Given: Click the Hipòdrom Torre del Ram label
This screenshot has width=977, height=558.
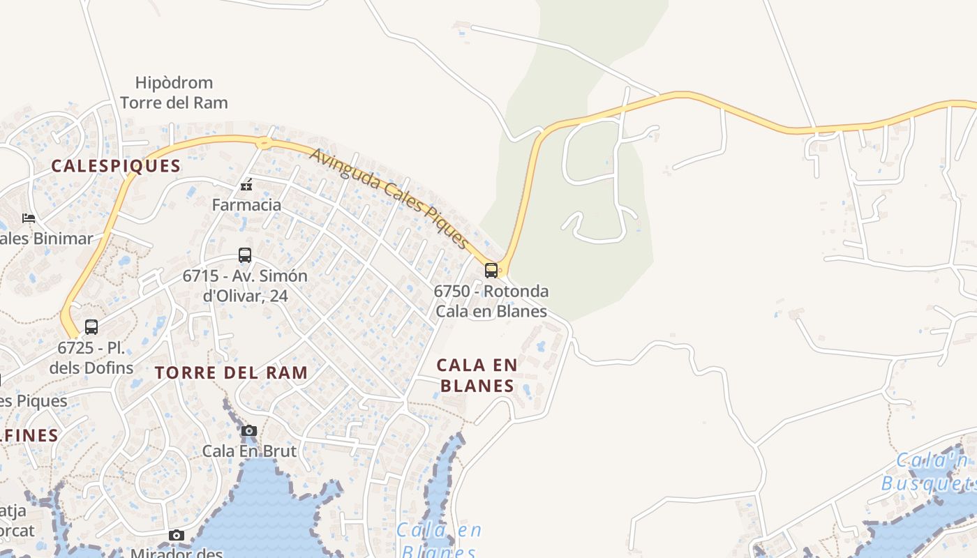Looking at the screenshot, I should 174,93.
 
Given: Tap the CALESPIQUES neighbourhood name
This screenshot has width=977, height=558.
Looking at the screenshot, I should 116,166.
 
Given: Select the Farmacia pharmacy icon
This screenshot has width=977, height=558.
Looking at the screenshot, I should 246,185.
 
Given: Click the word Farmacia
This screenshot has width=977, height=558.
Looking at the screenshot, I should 246,205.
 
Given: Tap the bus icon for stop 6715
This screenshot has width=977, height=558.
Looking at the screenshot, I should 244,255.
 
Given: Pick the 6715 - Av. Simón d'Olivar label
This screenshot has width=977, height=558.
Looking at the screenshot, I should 244,285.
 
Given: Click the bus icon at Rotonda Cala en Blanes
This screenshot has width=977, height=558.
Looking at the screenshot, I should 491,271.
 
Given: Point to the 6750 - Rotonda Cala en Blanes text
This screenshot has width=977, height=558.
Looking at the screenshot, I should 491,301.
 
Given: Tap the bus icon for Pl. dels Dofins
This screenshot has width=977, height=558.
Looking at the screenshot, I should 91,326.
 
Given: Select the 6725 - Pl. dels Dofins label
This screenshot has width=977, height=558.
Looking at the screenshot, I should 91,357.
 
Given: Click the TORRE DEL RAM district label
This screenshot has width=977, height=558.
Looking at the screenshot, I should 232,372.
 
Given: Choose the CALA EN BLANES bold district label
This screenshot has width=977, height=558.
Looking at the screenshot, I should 477,375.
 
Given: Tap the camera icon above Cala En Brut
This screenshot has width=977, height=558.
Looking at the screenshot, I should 249,430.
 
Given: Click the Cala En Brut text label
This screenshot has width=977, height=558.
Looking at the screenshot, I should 249,451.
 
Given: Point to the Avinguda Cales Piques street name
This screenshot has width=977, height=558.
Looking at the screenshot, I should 389,198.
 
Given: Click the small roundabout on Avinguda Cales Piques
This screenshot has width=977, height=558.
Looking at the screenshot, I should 264,143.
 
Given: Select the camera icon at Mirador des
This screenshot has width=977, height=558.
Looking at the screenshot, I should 177,535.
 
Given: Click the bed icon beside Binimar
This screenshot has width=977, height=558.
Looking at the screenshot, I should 29,218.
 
